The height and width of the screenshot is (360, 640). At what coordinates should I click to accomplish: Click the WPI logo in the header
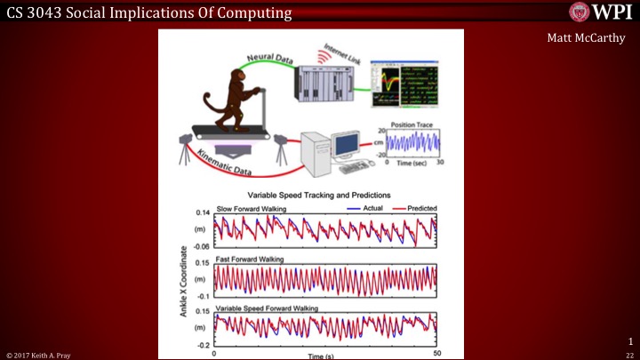click(x=601, y=12)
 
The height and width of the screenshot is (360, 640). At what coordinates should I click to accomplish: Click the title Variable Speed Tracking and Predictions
click(x=321, y=195)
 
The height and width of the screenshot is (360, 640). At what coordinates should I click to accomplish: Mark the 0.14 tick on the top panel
click(x=203, y=214)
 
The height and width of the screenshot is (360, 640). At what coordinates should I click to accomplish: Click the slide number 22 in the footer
click(x=629, y=354)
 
